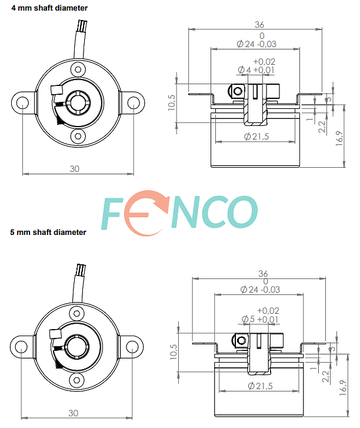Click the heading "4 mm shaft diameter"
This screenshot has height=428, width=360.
point(49,8)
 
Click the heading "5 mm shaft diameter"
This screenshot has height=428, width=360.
point(48,233)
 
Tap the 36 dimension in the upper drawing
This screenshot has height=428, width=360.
point(259,25)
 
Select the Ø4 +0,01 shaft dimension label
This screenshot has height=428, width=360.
point(256,70)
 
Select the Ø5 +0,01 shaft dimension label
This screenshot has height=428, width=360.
point(260,319)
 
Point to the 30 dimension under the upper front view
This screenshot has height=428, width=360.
point(75,169)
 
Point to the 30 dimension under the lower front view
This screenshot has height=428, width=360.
point(73,413)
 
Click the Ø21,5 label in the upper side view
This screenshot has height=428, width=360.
point(256,137)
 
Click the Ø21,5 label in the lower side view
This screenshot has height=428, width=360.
point(260,386)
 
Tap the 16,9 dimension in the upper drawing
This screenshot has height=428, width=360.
point(339,138)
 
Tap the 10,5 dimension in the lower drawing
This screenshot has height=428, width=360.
point(174,351)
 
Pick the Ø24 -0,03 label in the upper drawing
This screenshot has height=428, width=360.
point(256,44)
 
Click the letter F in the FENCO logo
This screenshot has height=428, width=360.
point(111,214)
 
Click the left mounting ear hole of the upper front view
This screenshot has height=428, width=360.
point(22,103)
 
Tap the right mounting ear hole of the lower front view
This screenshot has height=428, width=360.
point(132,347)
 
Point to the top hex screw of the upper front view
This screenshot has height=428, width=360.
point(78,69)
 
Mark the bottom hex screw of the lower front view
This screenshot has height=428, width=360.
point(76,380)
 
